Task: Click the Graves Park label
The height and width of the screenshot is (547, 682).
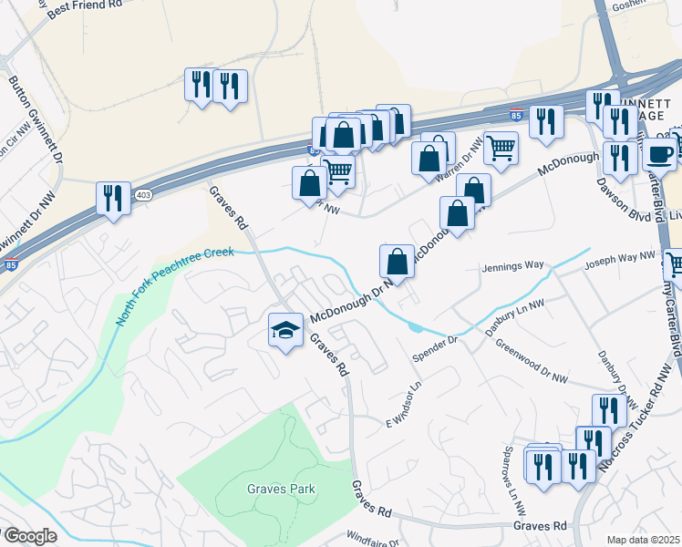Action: pos(281,489)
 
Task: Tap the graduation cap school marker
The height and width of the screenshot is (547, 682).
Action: pos(285,330)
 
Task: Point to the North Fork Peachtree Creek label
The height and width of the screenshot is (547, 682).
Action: pos(174,287)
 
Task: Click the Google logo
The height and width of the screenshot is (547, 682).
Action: pos(29,536)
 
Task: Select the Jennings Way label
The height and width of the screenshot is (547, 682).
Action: pos(513,265)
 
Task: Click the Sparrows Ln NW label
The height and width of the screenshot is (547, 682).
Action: pos(517,484)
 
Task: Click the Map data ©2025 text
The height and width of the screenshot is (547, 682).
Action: pos(644,540)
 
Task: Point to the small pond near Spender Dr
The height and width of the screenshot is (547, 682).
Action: pos(416,326)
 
